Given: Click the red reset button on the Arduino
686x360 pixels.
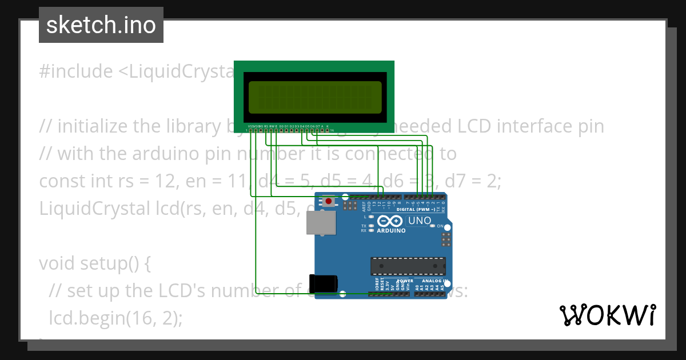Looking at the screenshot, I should click(x=329, y=201).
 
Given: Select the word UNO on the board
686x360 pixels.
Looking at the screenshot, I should click(x=418, y=221).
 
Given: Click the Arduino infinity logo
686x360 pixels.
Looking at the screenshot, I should click(x=390, y=222).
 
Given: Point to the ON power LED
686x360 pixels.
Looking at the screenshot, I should click(x=432, y=226).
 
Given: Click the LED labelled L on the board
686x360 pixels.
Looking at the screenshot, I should click(x=372, y=217).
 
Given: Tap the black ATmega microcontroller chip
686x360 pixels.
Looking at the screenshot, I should click(x=408, y=266).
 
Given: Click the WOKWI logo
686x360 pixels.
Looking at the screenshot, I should click(x=607, y=315).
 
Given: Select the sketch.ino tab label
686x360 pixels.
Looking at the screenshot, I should click(x=101, y=25).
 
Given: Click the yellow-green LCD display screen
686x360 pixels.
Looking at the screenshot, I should click(x=314, y=97).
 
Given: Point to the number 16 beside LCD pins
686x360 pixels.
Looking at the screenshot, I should click(x=332, y=130).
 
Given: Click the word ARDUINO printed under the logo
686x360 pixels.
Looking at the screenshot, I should click(x=391, y=231).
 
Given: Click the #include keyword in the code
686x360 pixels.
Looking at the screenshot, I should click(x=76, y=71).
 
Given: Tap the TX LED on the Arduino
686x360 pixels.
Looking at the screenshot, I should click(x=372, y=226).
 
